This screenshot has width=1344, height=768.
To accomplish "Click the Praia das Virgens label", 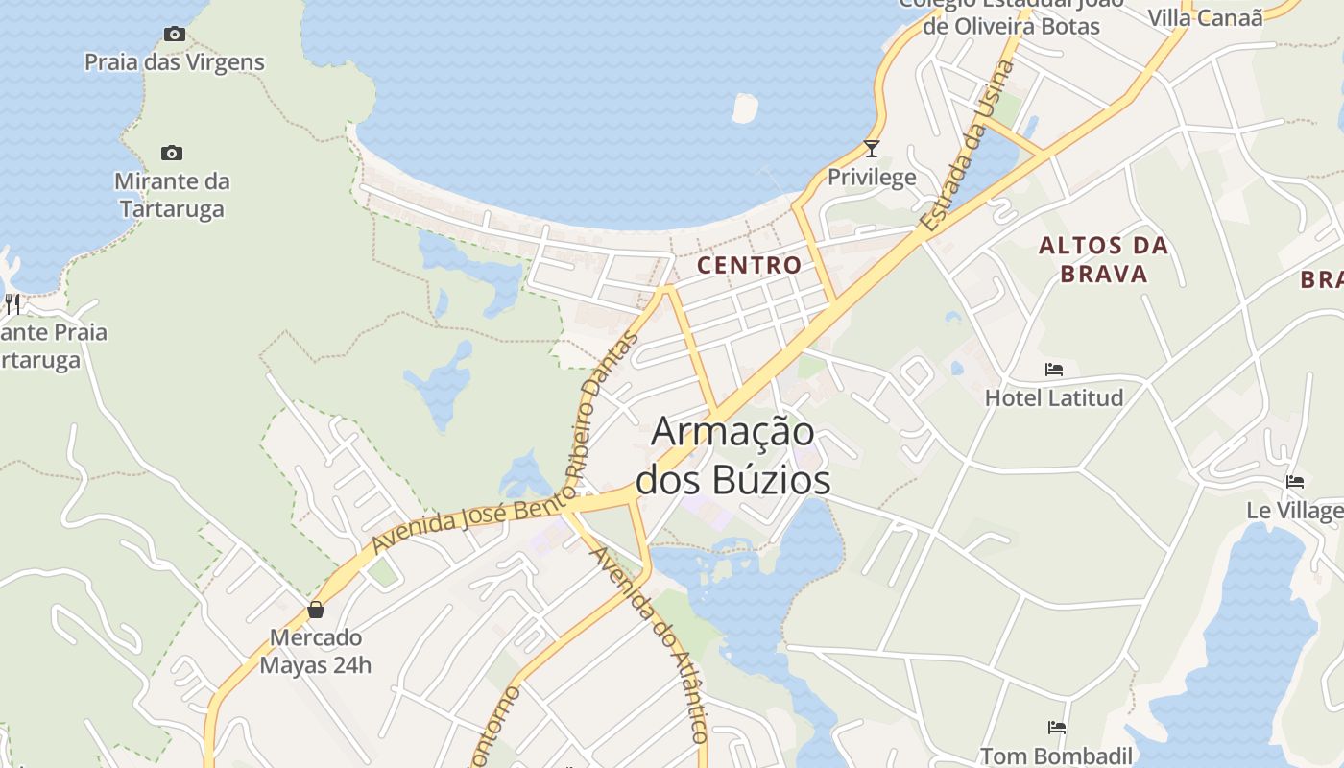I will (174, 62).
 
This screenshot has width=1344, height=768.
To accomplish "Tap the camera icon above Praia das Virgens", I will (174, 35).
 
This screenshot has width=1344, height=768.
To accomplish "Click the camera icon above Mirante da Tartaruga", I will (172, 154).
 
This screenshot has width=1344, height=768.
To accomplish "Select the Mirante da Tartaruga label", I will (172, 195).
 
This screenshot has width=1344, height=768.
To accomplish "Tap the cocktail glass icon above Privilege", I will (872, 149).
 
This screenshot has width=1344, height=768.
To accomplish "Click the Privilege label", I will (872, 178).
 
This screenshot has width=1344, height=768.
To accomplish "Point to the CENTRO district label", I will (750, 265).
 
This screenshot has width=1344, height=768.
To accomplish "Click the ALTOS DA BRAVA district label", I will (1104, 259).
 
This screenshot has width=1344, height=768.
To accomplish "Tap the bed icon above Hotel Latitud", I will (1054, 370).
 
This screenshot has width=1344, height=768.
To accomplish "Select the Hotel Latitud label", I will (1054, 397).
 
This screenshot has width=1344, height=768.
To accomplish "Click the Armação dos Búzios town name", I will (733, 455).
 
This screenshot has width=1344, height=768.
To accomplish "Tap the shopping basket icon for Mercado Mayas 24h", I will (316, 610).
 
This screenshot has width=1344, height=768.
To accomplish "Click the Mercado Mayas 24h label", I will (316, 651).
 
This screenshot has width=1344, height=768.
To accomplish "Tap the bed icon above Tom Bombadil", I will (1057, 728).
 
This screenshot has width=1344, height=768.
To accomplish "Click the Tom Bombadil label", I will (1057, 756).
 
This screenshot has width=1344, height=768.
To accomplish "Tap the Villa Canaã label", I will (1206, 17).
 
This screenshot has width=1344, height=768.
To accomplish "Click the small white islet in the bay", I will (745, 108).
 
